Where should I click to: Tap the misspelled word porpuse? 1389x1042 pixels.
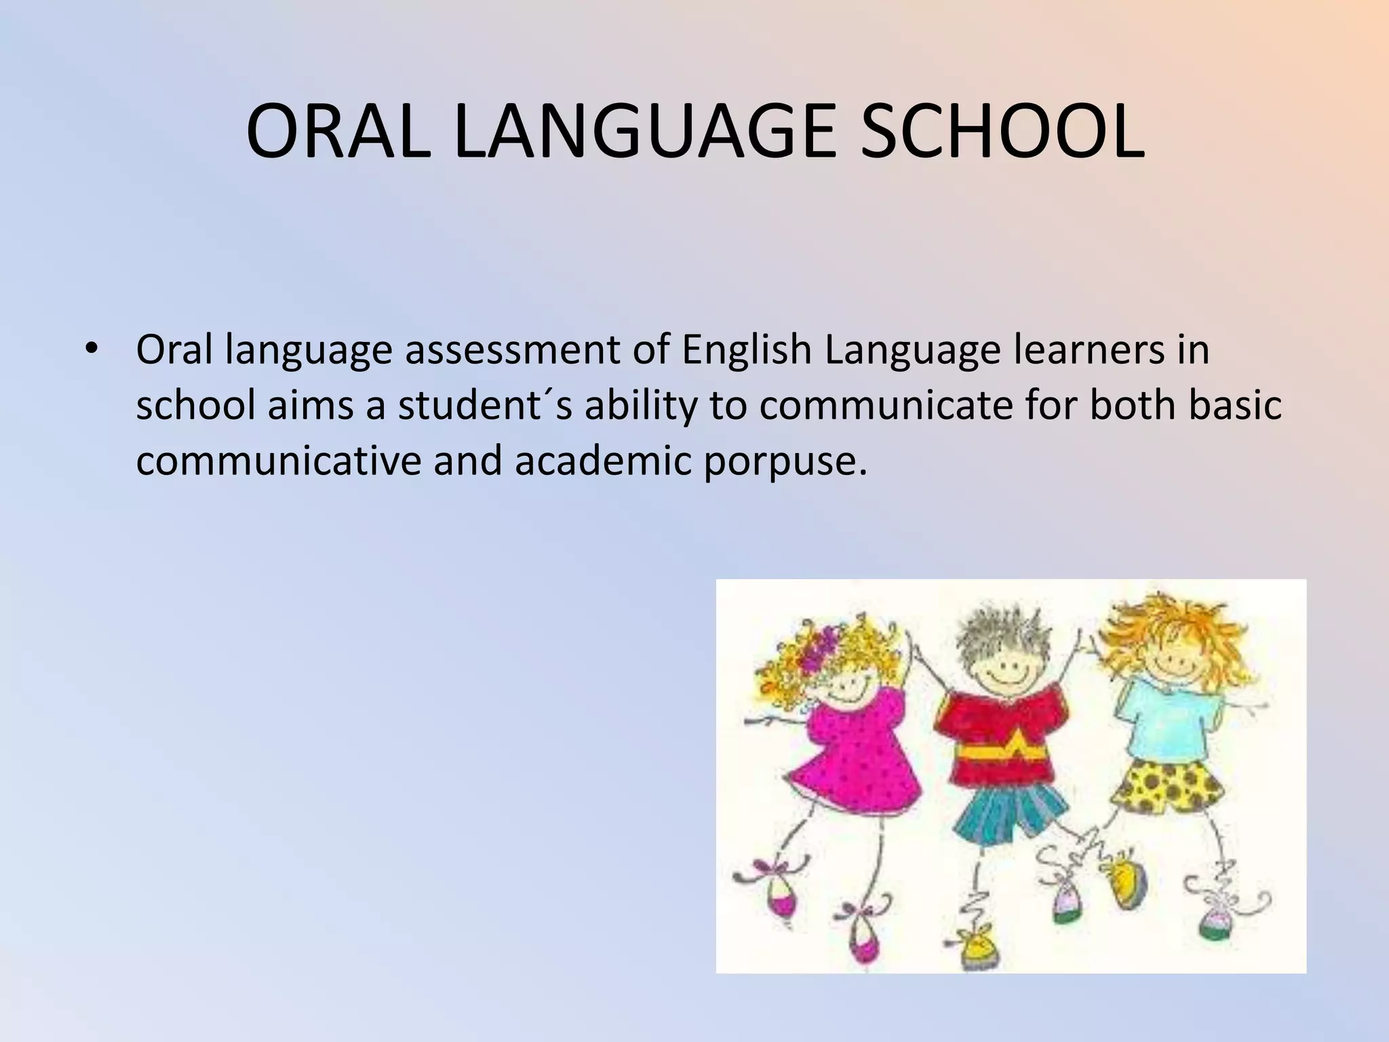click(x=785, y=461)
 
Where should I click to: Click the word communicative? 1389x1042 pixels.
click(x=278, y=461)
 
